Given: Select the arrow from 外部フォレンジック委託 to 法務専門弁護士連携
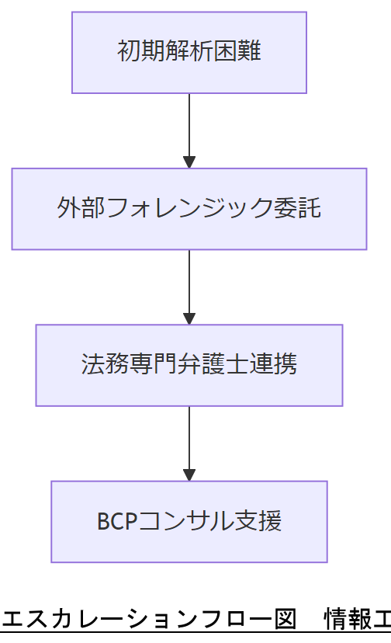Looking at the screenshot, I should pos(189,287).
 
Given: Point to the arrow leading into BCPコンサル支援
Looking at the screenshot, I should pos(189,443).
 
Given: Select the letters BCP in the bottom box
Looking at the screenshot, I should pos(116,521).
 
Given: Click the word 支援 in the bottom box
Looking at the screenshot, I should pos(258,521).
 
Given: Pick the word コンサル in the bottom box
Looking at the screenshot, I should pos(185,521).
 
